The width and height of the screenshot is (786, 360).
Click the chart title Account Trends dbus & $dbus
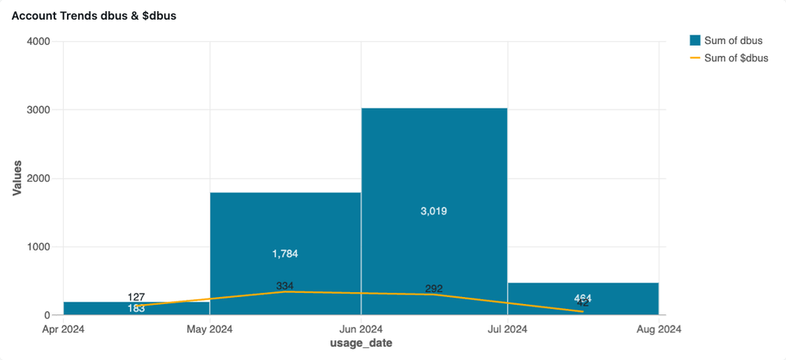pos(94,17)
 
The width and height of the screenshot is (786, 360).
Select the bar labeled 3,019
pos(434,173)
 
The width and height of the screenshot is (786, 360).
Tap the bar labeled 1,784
pos(285,228)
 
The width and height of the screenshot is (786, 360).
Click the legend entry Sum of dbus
pos(725,41)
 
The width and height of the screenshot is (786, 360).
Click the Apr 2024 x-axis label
pos(63,329)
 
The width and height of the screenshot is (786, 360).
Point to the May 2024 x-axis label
pos(209,329)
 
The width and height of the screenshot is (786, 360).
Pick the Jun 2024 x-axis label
pos(361,329)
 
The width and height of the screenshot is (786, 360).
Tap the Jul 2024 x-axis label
pos(507,329)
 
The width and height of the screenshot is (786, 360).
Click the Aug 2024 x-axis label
pos(658,329)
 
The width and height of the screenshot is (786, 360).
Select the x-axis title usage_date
pos(361,344)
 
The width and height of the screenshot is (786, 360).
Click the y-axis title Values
pos(17,178)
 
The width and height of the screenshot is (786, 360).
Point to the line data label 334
pos(285,286)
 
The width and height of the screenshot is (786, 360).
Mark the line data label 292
pos(434,288)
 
